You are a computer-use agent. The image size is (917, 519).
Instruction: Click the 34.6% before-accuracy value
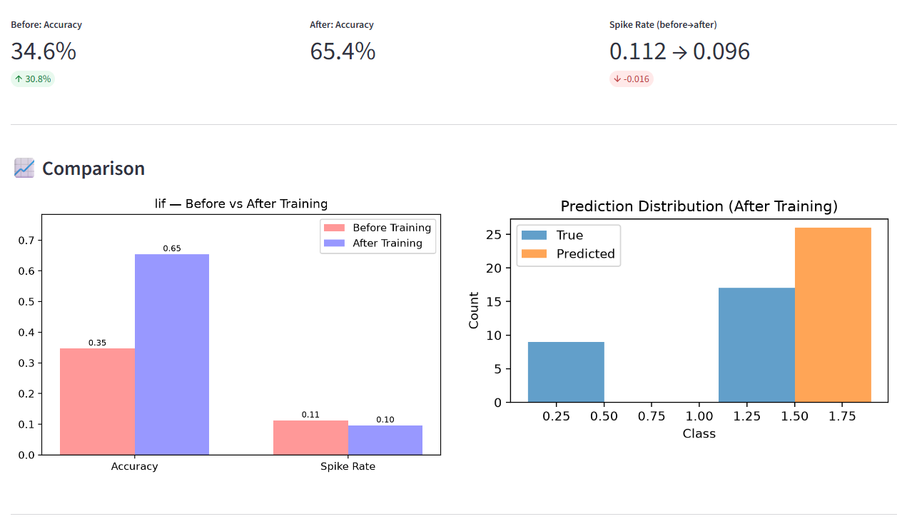[44, 51]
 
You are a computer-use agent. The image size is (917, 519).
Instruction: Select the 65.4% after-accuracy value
[343, 51]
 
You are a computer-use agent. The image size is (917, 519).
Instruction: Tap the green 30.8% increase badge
[33, 79]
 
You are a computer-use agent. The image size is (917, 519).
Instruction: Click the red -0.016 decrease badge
[632, 79]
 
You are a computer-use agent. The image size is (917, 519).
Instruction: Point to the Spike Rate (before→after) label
[663, 24]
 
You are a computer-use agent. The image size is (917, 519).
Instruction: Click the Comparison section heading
[93, 168]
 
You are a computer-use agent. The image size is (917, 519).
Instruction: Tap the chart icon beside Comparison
[24, 168]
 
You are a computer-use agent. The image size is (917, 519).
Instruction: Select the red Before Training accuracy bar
[98, 401]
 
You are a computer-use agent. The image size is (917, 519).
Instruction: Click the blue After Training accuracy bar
[172, 354]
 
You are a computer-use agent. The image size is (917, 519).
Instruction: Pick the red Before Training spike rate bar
[310, 438]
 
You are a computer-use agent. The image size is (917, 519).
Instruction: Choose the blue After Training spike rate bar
[385, 440]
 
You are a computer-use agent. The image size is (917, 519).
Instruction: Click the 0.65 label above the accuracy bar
[172, 248]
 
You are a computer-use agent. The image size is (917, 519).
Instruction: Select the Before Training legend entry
[378, 228]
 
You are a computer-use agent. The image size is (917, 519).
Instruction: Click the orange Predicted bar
[833, 315]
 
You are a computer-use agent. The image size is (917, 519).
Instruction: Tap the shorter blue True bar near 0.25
[566, 372]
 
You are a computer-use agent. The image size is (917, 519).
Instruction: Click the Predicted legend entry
[568, 254]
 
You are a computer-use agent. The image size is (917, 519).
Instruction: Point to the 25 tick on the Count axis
[494, 234]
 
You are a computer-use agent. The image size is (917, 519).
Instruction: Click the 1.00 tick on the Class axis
[699, 416]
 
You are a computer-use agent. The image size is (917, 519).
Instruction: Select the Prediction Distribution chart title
[699, 206]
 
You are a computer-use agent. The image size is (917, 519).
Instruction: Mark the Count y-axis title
[474, 311]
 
